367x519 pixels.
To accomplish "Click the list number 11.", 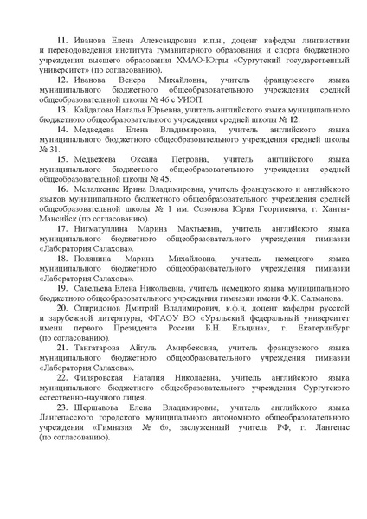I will coord(61,40).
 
